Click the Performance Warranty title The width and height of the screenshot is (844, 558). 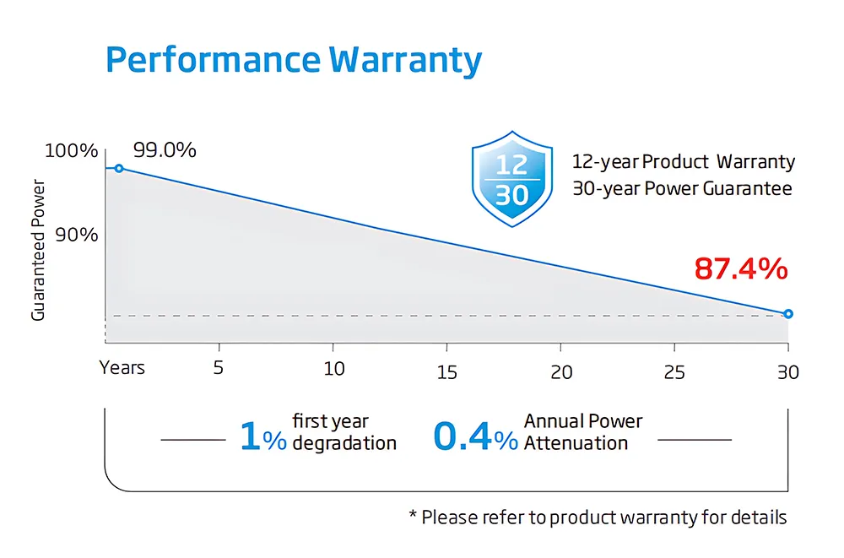point(294,61)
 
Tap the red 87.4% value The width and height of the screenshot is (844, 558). point(740,269)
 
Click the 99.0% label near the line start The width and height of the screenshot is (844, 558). point(165,150)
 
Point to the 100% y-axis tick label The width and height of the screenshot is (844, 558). point(71,151)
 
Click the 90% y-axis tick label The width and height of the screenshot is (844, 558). point(77,235)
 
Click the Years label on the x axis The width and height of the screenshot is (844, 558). point(122,368)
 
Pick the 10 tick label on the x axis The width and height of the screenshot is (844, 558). point(334,369)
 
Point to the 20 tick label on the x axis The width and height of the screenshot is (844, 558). point(561,371)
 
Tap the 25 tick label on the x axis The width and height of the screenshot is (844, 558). point(674,371)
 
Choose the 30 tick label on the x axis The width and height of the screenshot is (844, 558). point(787,371)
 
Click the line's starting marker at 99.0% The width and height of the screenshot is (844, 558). point(119,169)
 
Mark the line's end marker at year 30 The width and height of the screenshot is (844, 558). point(788,314)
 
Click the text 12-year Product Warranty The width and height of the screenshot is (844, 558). point(683,161)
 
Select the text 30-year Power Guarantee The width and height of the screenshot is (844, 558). point(682,188)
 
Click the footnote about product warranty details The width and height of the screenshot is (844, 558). point(598,517)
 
